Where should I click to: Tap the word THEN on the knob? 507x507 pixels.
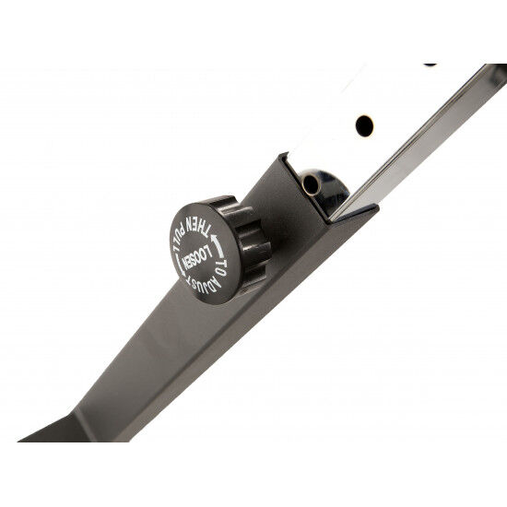(196, 227)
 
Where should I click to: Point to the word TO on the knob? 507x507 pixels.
(220, 266)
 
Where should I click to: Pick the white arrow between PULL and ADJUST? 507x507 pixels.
(180, 265)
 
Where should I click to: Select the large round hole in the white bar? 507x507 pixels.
(364, 125)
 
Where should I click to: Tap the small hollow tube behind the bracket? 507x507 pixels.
(311, 184)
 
